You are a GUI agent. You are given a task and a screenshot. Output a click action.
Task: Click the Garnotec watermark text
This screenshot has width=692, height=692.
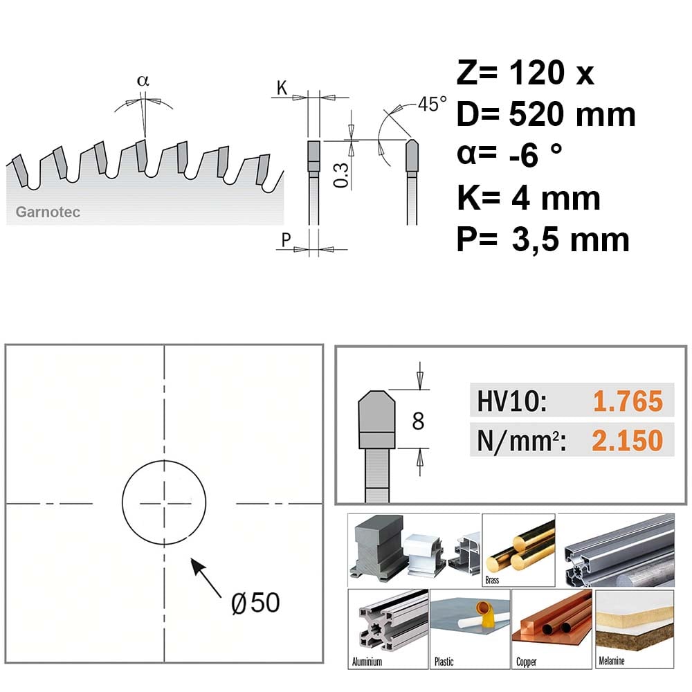[x=48, y=212]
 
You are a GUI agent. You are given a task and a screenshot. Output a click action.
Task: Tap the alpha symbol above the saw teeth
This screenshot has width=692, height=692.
[x=143, y=81]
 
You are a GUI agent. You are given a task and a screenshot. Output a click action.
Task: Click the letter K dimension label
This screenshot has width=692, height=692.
[x=282, y=89]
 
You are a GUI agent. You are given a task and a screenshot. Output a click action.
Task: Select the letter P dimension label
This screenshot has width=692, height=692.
[x=286, y=240]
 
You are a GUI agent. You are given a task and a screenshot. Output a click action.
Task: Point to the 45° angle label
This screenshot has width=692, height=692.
[x=432, y=104]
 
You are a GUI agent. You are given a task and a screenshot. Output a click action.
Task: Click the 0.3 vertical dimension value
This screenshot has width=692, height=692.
[x=341, y=175]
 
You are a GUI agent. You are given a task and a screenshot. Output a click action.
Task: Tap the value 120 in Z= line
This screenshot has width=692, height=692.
[x=537, y=73]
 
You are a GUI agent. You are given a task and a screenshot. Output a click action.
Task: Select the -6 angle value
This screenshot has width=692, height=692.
[x=523, y=155]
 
